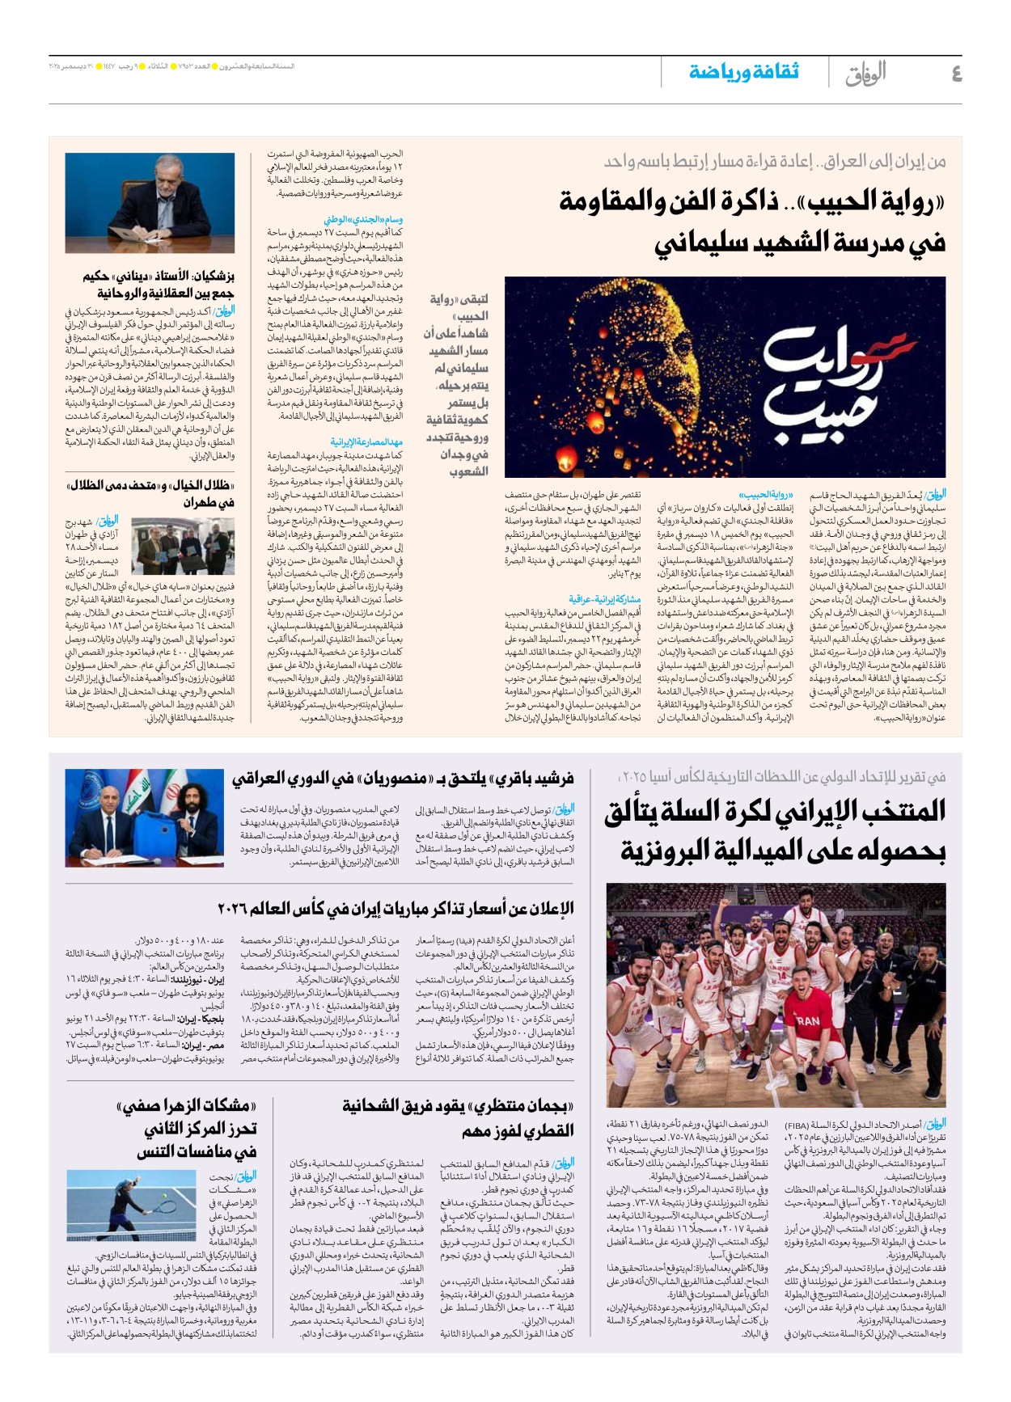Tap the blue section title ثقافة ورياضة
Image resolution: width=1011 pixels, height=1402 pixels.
pyautogui.click(x=743, y=72)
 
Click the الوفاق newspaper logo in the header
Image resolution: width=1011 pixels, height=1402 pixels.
pyautogui.click(x=865, y=74)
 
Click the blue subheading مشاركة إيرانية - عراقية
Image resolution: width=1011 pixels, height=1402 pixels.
pyautogui.click(x=604, y=599)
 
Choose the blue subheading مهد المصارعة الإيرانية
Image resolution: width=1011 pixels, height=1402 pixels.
pyautogui.click(x=366, y=441)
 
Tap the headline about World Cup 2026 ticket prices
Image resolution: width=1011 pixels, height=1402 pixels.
pyautogui.click(x=396, y=908)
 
